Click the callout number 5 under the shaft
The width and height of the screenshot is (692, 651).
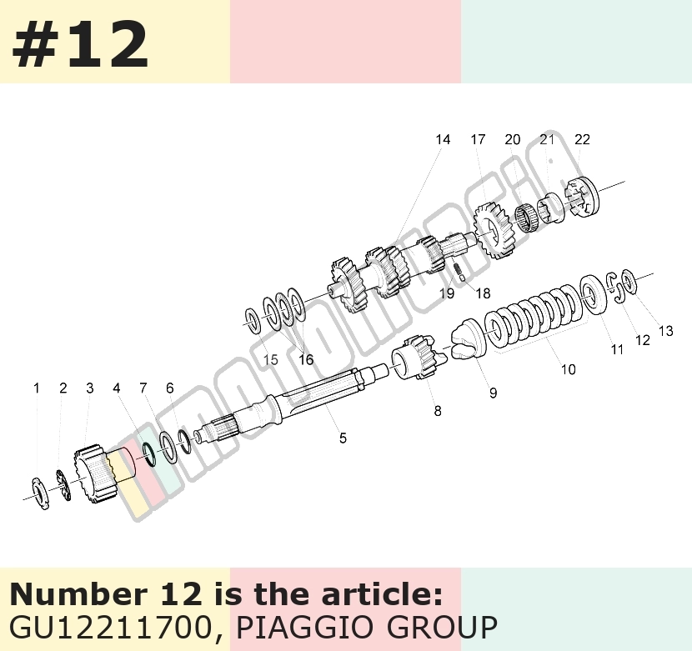coord(343,438)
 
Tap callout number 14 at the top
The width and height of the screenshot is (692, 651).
coord(443,139)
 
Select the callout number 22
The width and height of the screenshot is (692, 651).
coord(582,139)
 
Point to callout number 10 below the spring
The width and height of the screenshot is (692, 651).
coord(569,369)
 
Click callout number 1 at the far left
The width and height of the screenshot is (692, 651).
coord(37,388)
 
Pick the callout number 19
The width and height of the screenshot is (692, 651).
coord(447,293)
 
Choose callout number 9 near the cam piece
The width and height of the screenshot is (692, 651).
coord(493,393)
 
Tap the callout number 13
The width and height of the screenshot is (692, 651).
coord(665,331)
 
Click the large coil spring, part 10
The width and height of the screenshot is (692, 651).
coord(532,317)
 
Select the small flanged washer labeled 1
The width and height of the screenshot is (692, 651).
coord(41,493)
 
